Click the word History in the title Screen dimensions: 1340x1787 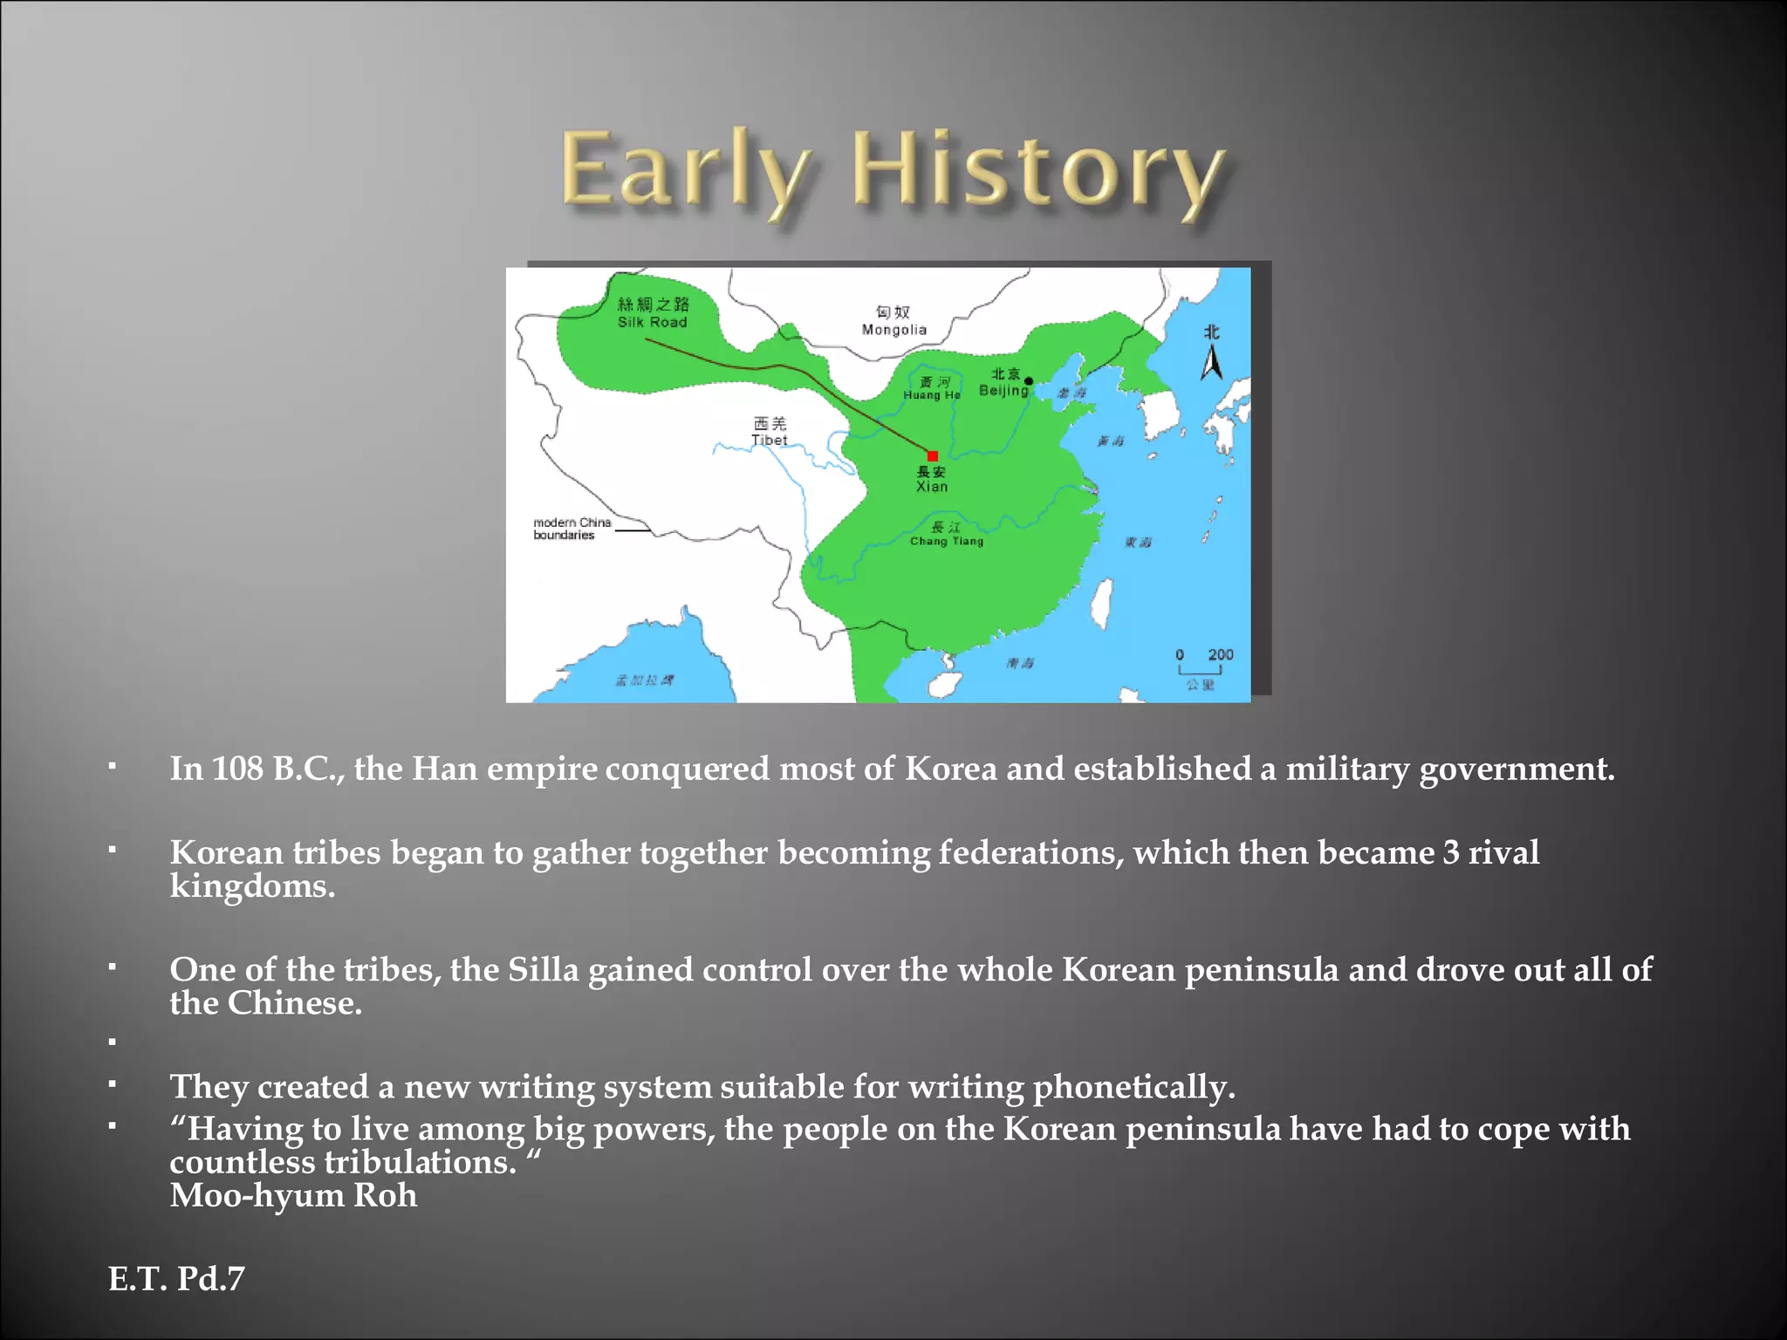click(x=1038, y=170)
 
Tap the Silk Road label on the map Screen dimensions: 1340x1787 click(x=653, y=313)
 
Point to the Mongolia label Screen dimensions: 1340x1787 click(x=893, y=329)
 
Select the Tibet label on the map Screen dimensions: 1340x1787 click(x=769, y=440)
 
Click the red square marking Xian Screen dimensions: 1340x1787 click(x=933, y=456)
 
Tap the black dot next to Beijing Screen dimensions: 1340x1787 click(x=1029, y=381)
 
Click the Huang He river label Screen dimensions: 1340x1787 click(x=932, y=395)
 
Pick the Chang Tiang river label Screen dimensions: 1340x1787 click(x=947, y=541)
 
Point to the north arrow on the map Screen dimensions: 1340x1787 click(x=1211, y=362)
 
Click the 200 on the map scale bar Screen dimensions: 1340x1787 click(x=1220, y=654)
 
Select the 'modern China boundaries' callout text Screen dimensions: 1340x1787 click(x=572, y=529)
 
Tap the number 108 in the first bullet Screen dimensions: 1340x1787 click(x=237, y=769)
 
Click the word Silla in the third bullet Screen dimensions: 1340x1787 click(x=543, y=969)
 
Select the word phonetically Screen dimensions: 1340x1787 click(x=1133, y=1087)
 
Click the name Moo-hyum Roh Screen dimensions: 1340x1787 click(x=293, y=1195)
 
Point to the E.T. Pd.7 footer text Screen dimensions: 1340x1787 click(x=176, y=1279)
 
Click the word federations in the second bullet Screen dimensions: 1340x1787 click(x=1031, y=852)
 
